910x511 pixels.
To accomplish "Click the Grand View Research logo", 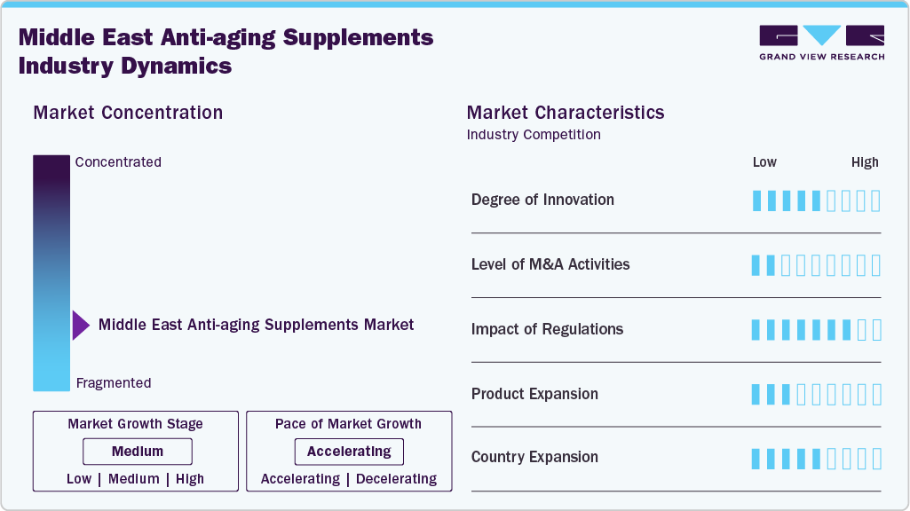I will [821, 42].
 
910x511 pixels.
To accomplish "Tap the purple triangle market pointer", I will [81, 326].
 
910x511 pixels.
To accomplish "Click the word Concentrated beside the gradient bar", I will [118, 162].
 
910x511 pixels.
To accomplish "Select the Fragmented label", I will [114, 383].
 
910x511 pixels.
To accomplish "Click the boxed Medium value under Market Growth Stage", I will [138, 452].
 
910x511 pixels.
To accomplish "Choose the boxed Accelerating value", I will [349, 452].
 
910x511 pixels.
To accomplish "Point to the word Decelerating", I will [397, 479].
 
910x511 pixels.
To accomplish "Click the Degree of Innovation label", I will [542, 200].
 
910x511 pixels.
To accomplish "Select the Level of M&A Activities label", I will [550, 264].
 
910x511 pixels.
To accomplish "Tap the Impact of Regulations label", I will [547, 329].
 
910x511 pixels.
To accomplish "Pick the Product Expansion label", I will [534, 394].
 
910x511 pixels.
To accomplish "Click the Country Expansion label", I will [534, 458].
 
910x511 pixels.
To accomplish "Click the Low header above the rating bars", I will [764, 162].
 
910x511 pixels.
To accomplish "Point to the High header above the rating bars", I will [865, 162].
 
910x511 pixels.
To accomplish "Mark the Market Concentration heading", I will [128, 113].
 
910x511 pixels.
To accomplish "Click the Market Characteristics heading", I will [566, 113].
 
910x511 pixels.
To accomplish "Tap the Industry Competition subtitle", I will [534, 135].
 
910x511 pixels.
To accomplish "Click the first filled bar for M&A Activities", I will [756, 265].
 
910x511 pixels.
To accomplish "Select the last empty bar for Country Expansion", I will [876, 459].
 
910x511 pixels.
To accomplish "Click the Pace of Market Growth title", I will [348, 424].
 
